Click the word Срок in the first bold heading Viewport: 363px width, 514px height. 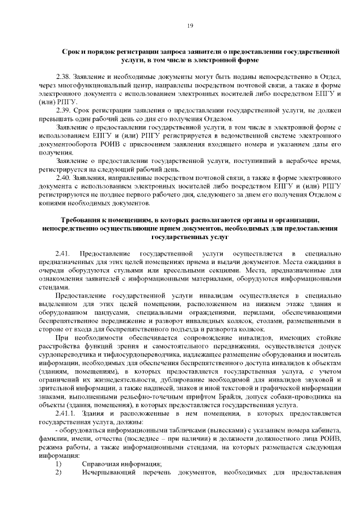click(71, 51)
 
